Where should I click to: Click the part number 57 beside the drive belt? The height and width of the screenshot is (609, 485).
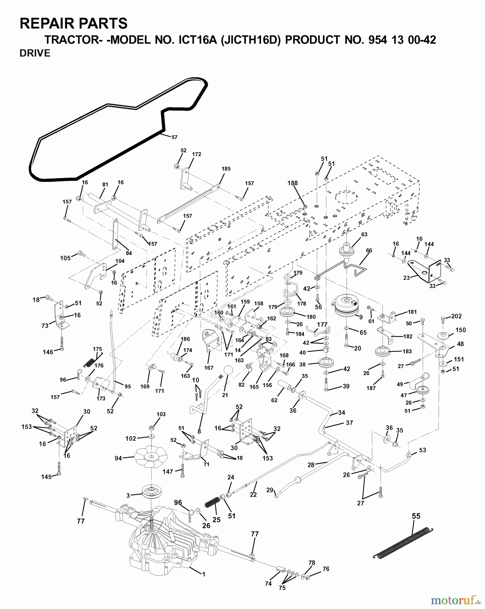coord(174,137)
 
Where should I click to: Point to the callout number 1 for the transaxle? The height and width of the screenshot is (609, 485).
coord(203,574)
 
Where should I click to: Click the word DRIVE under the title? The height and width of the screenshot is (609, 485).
coord(35,53)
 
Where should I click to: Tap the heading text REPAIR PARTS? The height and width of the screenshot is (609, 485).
coord(73,24)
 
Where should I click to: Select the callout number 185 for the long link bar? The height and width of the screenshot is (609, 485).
coord(226,169)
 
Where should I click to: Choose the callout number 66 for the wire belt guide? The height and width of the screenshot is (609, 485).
coord(369,251)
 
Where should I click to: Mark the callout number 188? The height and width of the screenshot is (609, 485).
coord(292,183)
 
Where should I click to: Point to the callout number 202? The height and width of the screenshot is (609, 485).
coord(457,316)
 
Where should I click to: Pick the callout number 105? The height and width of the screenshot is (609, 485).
coord(65,258)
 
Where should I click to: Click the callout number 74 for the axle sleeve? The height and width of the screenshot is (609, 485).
coord(268,584)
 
